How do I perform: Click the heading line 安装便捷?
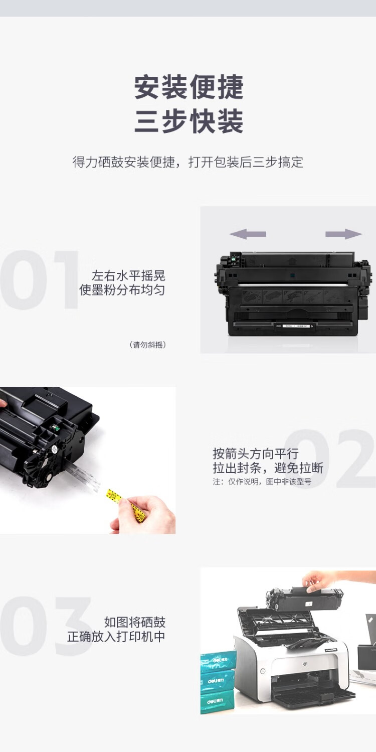(189, 87)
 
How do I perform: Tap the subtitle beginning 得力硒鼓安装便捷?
(188, 162)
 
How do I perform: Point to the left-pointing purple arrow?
(248, 234)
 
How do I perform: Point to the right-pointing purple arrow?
(344, 234)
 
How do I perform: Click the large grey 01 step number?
(39, 279)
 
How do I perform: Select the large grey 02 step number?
(330, 459)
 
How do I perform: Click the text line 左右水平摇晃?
(128, 275)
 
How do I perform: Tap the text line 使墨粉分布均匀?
(122, 290)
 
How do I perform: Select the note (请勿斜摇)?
(147, 345)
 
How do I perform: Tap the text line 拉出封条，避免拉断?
(268, 468)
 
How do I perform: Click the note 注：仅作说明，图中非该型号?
(262, 482)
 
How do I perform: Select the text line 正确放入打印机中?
(116, 637)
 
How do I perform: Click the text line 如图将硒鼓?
(135, 622)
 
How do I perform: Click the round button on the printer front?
(263, 672)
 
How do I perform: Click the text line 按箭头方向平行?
(256, 454)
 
